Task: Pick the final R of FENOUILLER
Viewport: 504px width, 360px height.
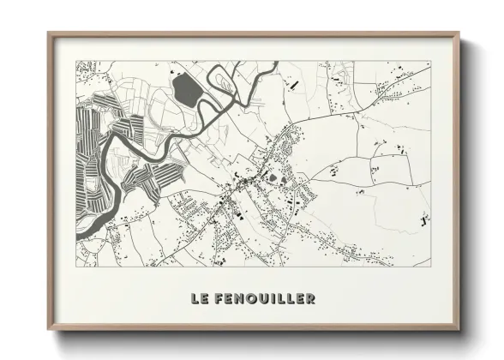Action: click(x=309, y=298)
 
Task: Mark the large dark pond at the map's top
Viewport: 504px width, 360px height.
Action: click(x=184, y=87)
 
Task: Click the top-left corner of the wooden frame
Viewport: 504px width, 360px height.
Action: click(x=49, y=33)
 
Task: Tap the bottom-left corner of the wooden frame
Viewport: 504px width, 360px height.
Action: click(x=49, y=331)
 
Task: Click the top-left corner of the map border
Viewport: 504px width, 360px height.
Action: click(x=76, y=61)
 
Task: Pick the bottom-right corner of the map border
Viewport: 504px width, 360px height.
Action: click(x=430, y=266)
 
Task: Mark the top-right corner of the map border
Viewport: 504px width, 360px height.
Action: click(x=430, y=61)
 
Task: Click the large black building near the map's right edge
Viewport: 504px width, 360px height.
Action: click(x=424, y=220)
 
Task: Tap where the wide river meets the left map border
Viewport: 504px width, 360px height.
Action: click(x=78, y=230)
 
